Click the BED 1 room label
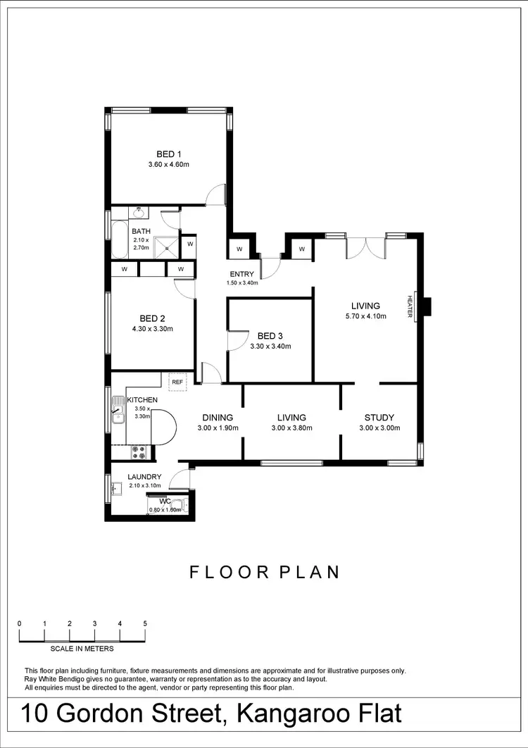click(x=169, y=154)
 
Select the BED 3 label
click(x=270, y=336)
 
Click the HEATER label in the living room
click(x=409, y=306)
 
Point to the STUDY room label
click(x=379, y=417)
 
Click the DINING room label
click(x=217, y=417)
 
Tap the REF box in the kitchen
click(x=177, y=382)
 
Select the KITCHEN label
click(x=142, y=400)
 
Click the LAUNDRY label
click(x=144, y=477)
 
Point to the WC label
click(x=165, y=501)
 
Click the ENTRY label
click(x=241, y=274)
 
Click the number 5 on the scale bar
click(x=145, y=623)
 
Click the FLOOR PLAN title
click(x=265, y=572)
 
